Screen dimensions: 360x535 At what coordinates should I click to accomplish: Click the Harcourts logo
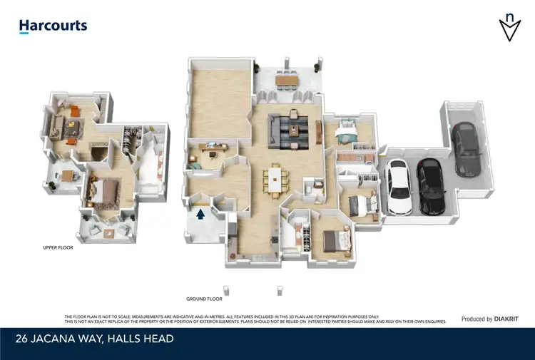[53, 26]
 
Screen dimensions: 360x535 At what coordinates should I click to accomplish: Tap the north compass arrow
[509, 28]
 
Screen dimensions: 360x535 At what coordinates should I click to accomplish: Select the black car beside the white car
[430, 186]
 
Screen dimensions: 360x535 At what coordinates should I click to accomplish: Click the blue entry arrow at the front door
[200, 212]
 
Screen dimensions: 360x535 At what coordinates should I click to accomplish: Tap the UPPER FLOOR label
[58, 248]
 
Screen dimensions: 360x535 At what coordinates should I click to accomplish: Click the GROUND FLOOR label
[204, 299]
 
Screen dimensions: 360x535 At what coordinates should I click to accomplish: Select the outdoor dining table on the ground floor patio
[287, 82]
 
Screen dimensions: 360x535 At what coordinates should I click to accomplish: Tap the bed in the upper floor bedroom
[101, 192]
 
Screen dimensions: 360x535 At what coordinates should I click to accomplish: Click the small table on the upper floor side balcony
[66, 175]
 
